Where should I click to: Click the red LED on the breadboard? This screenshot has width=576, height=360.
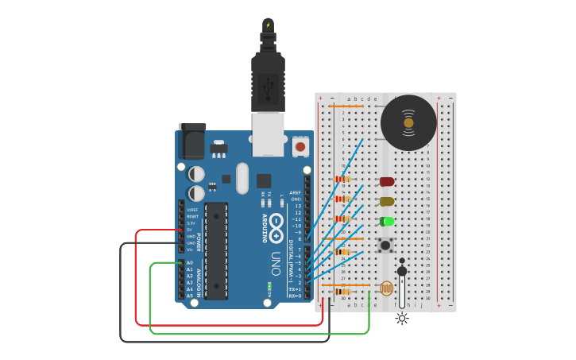pyautogui.click(x=387, y=182)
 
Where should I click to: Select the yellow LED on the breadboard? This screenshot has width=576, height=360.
pyautogui.click(x=387, y=202)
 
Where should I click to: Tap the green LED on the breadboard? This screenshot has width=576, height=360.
pyautogui.click(x=387, y=222)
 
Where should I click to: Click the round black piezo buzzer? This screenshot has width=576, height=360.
pyautogui.click(x=408, y=122)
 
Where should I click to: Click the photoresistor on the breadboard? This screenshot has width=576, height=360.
pyautogui.click(x=386, y=288)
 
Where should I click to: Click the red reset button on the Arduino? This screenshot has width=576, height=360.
pyautogui.click(x=300, y=146)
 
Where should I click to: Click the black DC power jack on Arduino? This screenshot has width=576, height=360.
pyautogui.click(x=191, y=142)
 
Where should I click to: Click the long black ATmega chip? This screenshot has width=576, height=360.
pyautogui.click(x=216, y=250)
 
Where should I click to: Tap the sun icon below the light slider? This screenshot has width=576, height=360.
pyautogui.click(x=402, y=318)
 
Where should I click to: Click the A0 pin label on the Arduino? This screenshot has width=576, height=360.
pyautogui.click(x=189, y=262)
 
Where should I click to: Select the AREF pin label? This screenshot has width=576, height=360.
pyautogui.click(x=296, y=192)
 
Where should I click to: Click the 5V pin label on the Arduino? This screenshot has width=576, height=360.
pyautogui.click(x=189, y=230)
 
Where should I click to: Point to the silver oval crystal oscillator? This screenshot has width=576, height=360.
pyautogui.click(x=242, y=178)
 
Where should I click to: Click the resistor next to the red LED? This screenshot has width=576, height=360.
pyautogui.click(x=343, y=180)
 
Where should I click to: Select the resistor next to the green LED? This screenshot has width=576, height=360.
pyautogui.click(x=343, y=219)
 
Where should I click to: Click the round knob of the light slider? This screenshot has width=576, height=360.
pyautogui.click(x=402, y=271)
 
